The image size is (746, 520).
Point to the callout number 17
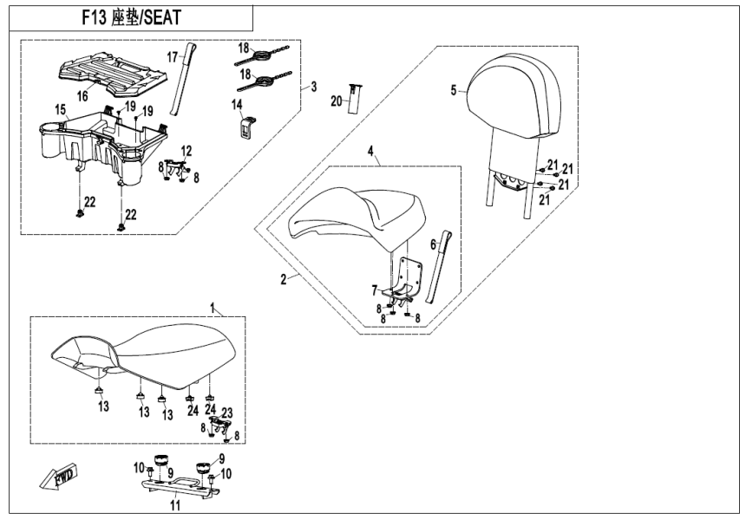click(172, 57)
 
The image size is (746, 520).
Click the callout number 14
click(237, 104)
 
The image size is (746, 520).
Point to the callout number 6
click(432, 246)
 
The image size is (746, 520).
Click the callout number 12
click(186, 150)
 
